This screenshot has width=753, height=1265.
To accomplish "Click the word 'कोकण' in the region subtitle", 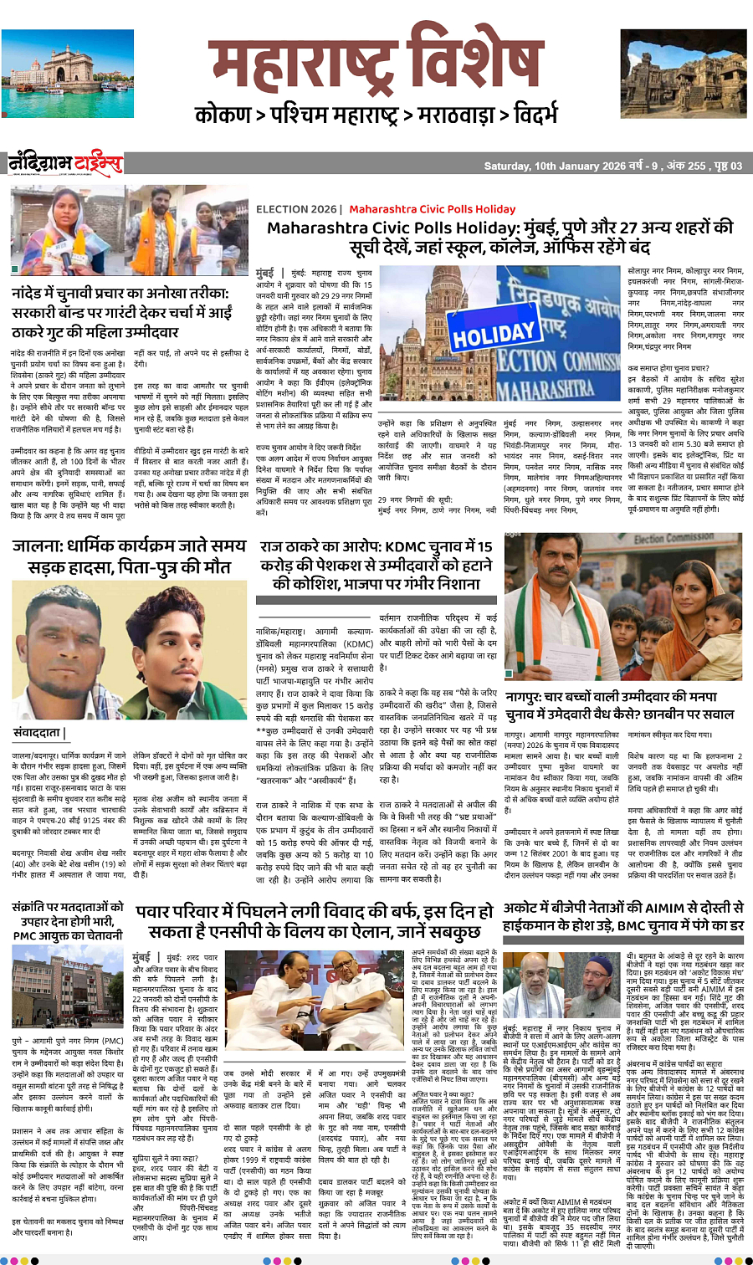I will click(223, 115).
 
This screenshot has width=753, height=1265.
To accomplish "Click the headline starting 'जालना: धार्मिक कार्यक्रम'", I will click(130, 556).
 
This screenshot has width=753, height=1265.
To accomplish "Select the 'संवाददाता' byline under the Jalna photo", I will click(38, 733).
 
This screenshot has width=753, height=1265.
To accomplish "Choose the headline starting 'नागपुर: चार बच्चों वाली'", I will click(619, 704).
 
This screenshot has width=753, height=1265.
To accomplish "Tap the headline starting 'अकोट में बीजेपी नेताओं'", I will click(623, 917).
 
